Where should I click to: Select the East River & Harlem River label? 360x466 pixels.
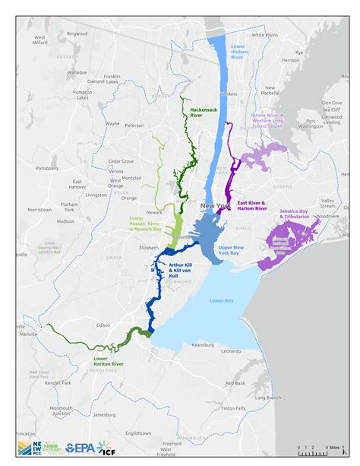[251, 206]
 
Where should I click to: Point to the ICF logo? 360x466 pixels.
[108, 449]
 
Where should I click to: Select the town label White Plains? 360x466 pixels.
[264, 34]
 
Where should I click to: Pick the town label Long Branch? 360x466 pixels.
[268, 397]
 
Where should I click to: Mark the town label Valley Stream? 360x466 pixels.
[327, 203]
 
